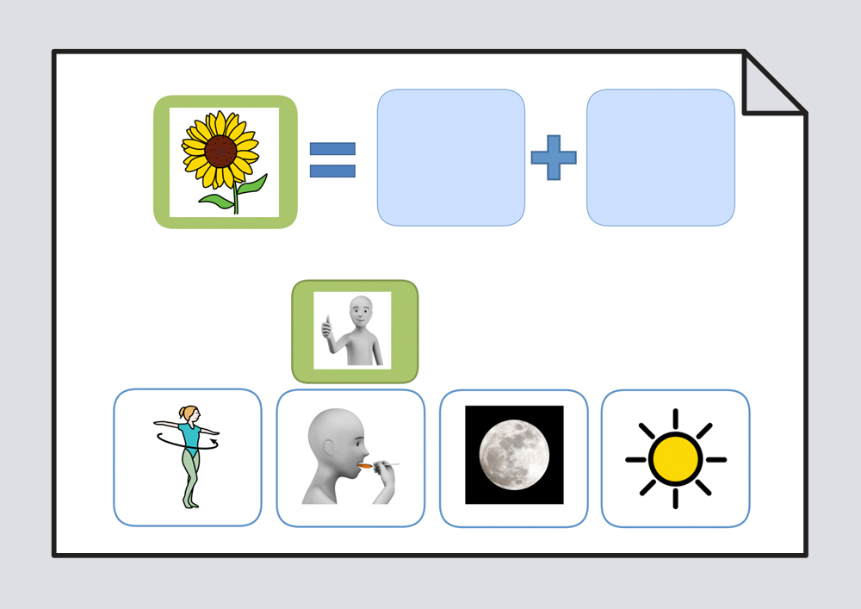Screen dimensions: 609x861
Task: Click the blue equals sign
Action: (x=332, y=160)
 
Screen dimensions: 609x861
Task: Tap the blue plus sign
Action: (x=553, y=158)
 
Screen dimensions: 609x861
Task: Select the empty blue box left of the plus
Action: (x=451, y=158)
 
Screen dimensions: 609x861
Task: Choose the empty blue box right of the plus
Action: (x=660, y=158)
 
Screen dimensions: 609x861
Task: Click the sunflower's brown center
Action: (x=220, y=152)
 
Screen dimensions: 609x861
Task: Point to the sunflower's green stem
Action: (x=235, y=198)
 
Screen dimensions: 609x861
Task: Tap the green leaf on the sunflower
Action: (x=251, y=185)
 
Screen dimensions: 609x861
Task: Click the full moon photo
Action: (x=514, y=454)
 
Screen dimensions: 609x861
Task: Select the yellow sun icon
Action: (x=676, y=459)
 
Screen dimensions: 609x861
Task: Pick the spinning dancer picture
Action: (x=187, y=457)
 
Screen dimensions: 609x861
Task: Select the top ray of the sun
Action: (x=676, y=419)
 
